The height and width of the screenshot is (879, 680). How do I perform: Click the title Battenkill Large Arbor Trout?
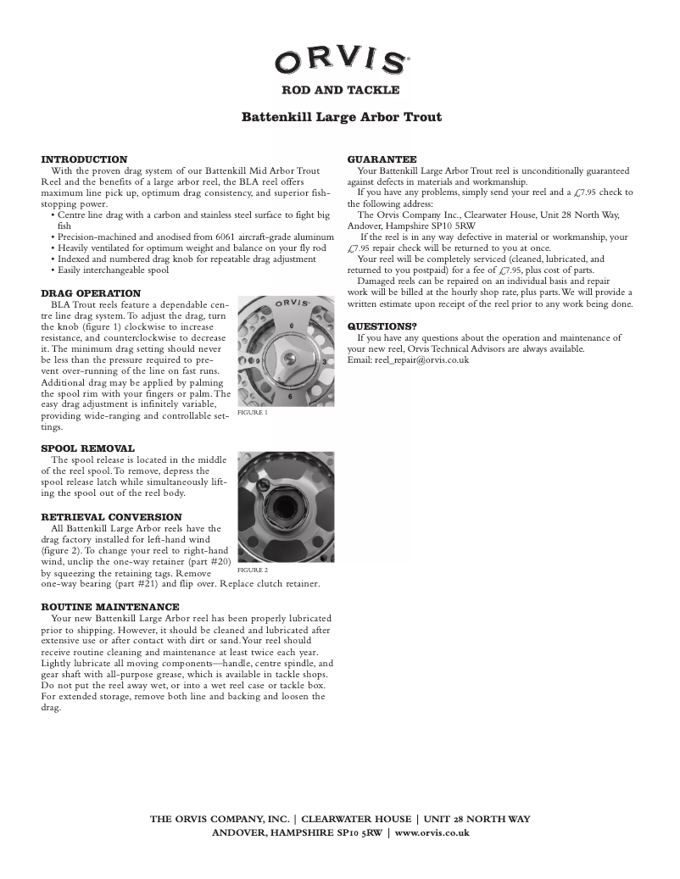(341, 117)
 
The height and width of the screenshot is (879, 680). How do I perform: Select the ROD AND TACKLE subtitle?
(340, 90)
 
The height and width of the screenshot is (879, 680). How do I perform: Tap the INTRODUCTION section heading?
(84, 159)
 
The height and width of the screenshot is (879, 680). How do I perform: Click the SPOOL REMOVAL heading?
(87, 448)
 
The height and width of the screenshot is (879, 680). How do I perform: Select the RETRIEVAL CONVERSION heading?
(111, 517)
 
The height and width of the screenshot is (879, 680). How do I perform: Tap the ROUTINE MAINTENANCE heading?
(110, 607)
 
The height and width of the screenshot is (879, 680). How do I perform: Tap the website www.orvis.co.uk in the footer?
(432, 832)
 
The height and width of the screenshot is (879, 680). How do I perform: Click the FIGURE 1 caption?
(252, 413)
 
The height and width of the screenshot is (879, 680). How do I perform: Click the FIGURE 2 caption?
(252, 570)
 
